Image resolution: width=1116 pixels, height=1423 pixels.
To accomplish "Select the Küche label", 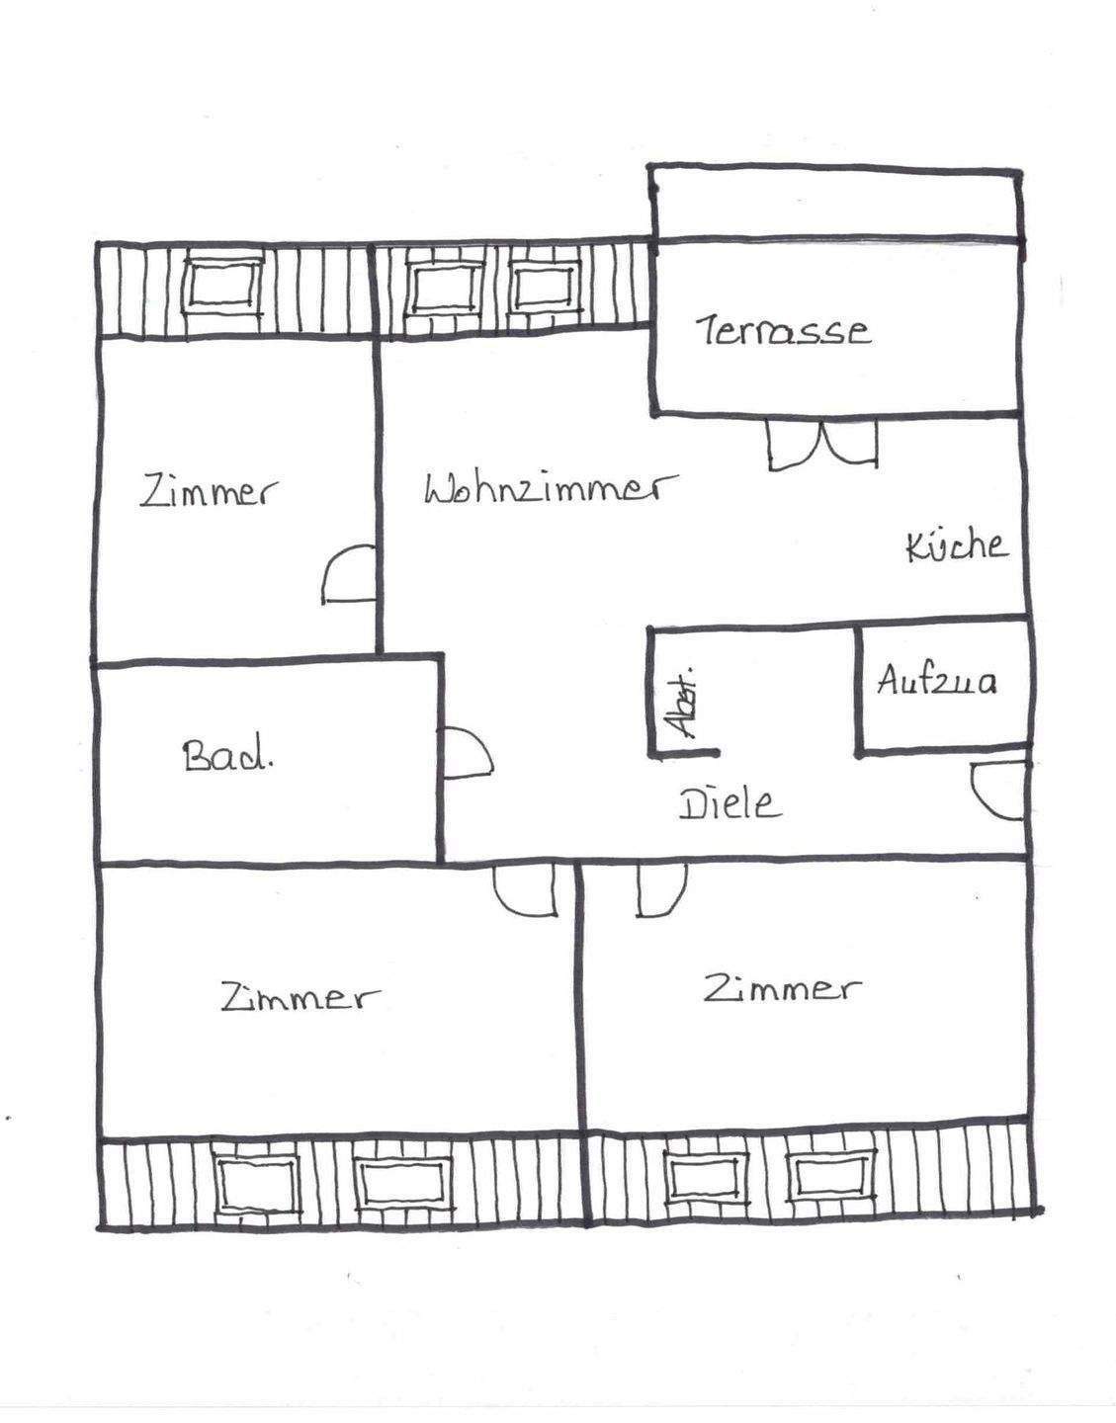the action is [x=956, y=545].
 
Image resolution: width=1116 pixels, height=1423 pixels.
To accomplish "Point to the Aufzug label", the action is [x=936, y=681].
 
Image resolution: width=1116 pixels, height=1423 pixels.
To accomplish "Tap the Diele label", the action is [x=730, y=803].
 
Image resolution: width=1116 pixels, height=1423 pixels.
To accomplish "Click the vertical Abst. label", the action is [x=681, y=702].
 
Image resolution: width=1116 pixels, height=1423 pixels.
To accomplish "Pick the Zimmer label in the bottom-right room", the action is [x=782, y=987].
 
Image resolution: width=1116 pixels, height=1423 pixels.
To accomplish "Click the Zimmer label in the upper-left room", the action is [x=209, y=491].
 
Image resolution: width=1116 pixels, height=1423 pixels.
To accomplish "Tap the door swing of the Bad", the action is [x=466, y=754].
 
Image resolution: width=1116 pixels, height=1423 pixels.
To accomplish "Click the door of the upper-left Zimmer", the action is [x=348, y=574].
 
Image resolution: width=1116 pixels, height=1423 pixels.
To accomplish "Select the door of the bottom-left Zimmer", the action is [x=525, y=889].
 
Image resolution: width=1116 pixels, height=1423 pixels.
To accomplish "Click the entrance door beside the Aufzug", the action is [x=996, y=791].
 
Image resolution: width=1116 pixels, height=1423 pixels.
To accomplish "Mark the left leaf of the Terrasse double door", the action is [x=792, y=443].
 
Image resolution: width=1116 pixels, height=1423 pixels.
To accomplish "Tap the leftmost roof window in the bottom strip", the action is [x=257, y=1184].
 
